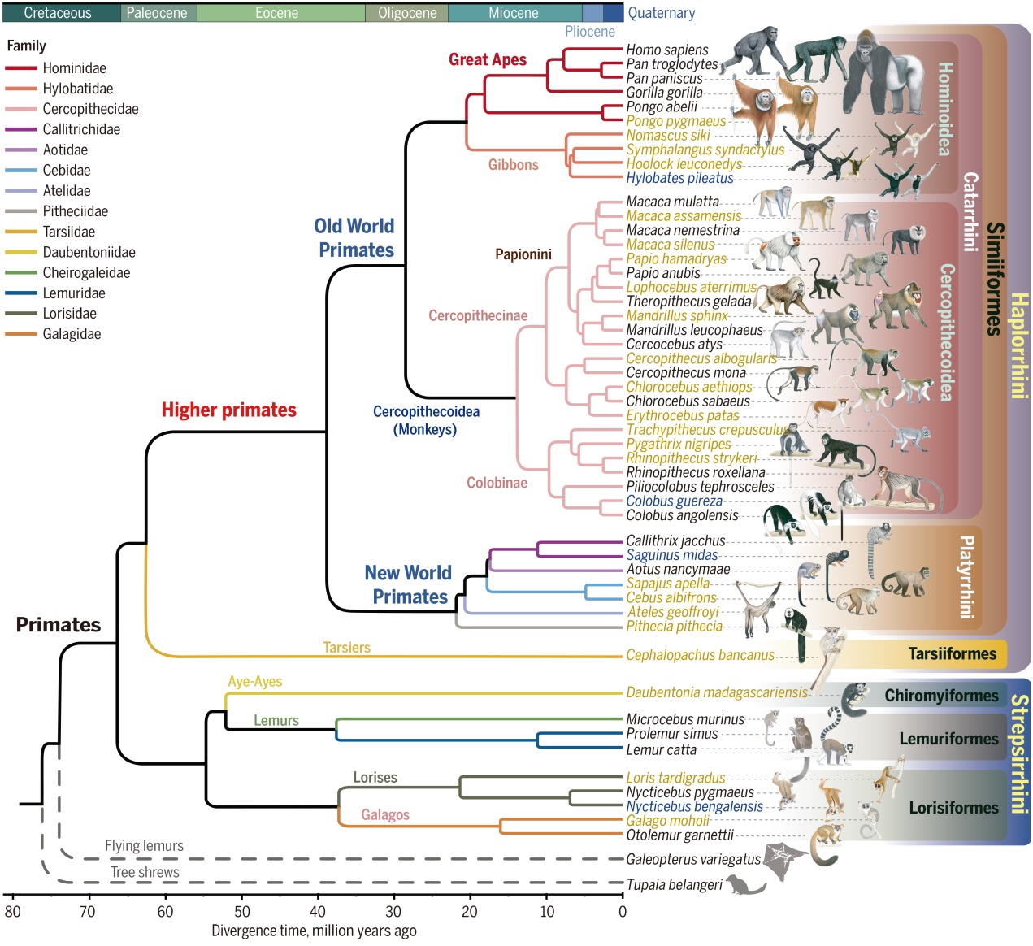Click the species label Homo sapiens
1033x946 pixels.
click(x=666, y=50)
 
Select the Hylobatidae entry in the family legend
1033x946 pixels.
click(x=77, y=89)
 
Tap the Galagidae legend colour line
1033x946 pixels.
click(x=20, y=334)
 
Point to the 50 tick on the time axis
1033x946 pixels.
click(x=242, y=911)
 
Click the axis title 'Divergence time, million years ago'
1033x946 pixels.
click(x=314, y=931)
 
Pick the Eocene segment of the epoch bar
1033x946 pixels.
click(x=276, y=13)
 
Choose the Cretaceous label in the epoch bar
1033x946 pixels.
click(x=58, y=13)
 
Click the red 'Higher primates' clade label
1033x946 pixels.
click(x=228, y=410)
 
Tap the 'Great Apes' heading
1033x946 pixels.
click(x=488, y=59)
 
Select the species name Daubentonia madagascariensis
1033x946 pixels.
click(x=716, y=692)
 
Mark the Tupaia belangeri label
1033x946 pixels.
click(x=674, y=885)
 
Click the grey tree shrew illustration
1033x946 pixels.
click(x=744, y=884)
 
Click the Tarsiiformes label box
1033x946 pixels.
click(x=952, y=653)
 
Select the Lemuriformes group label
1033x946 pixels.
click(x=948, y=739)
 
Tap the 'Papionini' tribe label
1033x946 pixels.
click(x=523, y=254)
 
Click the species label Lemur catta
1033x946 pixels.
click(x=661, y=750)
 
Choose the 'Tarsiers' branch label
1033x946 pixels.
click(x=346, y=648)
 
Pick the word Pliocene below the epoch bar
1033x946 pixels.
click(x=590, y=32)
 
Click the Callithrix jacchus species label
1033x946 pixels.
click(x=675, y=540)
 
